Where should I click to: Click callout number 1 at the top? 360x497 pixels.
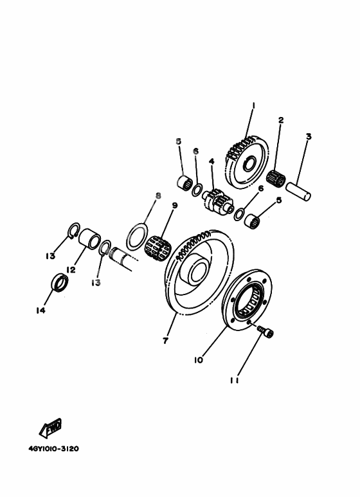click(253, 105)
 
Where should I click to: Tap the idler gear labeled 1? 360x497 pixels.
click(247, 159)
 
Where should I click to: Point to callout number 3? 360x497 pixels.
click(308, 136)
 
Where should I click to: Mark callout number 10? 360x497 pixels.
click(199, 360)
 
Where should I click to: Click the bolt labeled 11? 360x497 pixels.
click(265, 331)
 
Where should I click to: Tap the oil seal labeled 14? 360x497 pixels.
click(59, 282)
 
